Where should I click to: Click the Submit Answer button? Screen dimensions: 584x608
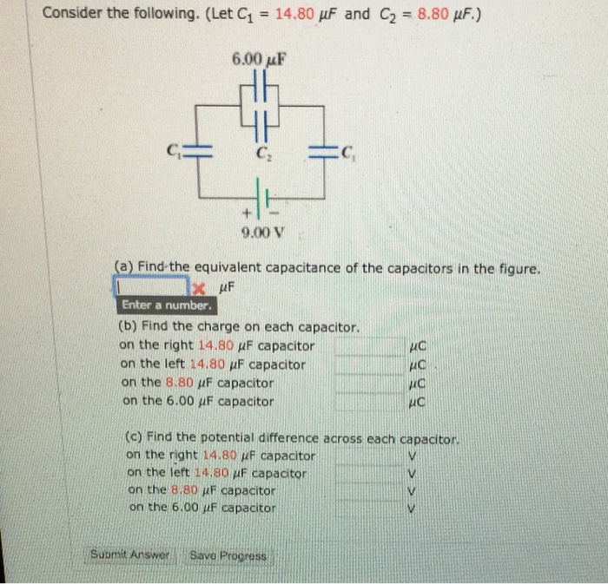pyautogui.click(x=133, y=554)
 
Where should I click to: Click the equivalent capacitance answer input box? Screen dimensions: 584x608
pyautogui.click(x=151, y=286)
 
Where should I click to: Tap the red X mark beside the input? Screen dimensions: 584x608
pyautogui.click(x=199, y=287)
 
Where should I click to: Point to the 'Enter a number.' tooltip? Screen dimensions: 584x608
pyautogui.click(x=165, y=305)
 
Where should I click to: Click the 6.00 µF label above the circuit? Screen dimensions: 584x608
pyautogui.click(x=259, y=59)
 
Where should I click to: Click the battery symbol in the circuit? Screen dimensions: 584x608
pyautogui.click(x=259, y=192)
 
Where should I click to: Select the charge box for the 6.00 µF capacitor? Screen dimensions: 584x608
pyautogui.click(x=368, y=401)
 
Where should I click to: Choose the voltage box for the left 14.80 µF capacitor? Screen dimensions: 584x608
pyautogui.click(x=368, y=473)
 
